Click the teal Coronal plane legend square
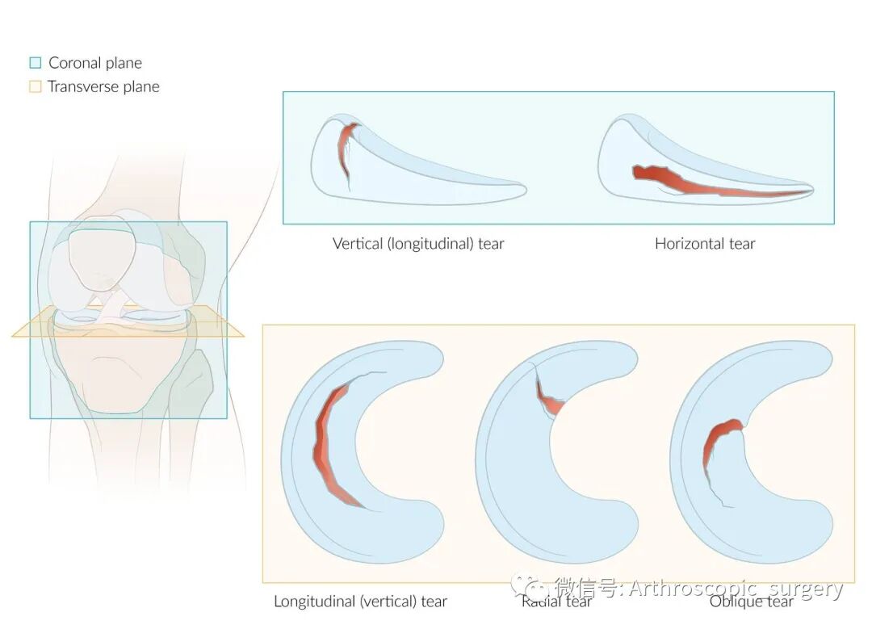click(35, 63)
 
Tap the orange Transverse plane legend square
click(35, 86)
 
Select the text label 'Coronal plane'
click(94, 63)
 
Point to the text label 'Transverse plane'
click(103, 86)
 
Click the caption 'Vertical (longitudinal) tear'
click(418, 243)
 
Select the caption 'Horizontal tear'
click(705, 243)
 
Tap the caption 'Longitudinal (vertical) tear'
click(360, 602)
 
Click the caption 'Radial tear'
click(557, 602)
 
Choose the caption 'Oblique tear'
click(751, 602)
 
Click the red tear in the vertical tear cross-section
click(346, 149)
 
